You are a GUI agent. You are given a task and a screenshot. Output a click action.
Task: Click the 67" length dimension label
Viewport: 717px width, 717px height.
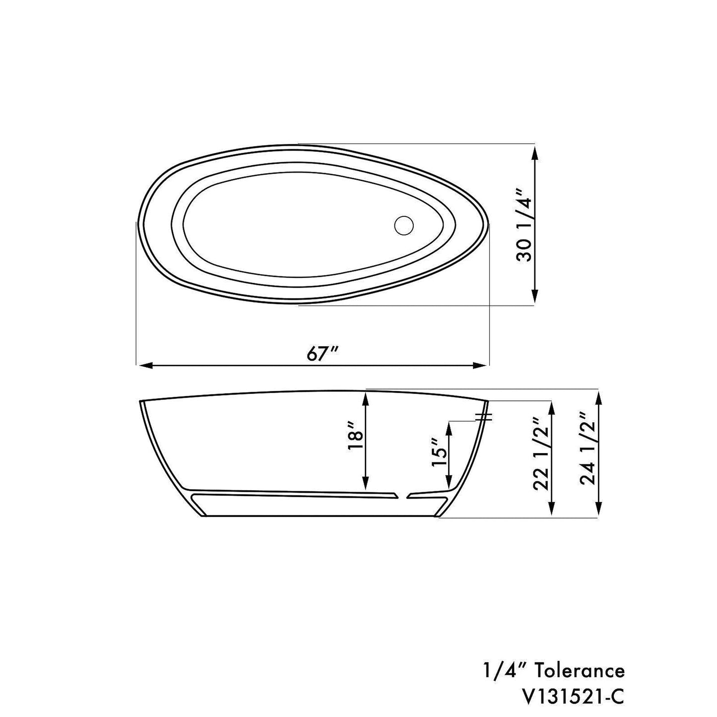point(322,353)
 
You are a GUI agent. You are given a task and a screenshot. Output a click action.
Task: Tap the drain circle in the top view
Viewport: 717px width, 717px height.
point(404,225)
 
